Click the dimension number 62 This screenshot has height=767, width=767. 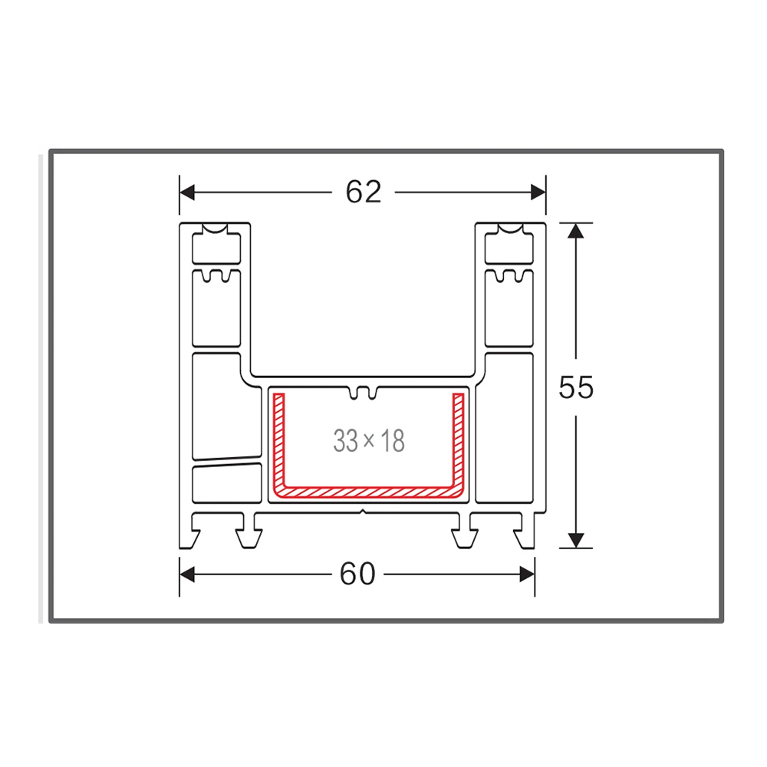pyautogui.click(x=363, y=192)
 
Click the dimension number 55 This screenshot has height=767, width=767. pyautogui.click(x=576, y=387)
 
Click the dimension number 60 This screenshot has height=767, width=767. pyautogui.click(x=357, y=574)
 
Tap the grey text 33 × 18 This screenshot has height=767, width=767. pyautogui.click(x=368, y=441)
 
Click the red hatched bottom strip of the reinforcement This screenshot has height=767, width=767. pyautogui.click(x=368, y=489)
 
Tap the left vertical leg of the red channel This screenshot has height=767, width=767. pyautogui.click(x=279, y=441)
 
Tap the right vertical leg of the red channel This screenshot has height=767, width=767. pyautogui.click(x=459, y=441)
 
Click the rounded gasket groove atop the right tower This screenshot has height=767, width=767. pyautogui.click(x=509, y=231)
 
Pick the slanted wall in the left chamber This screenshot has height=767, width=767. pyautogui.click(x=226, y=462)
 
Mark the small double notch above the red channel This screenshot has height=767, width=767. pyautogui.click(x=364, y=393)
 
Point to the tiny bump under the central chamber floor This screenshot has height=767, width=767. pyautogui.click(x=363, y=509)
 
